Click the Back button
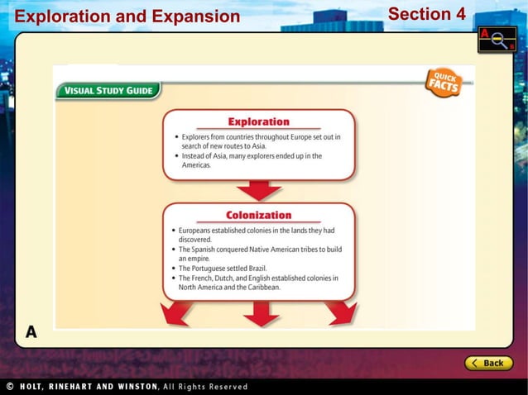click(488, 363)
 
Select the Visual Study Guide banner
click(108, 91)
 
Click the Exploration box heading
click(258, 121)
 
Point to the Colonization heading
click(258, 215)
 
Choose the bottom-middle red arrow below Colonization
click(260, 313)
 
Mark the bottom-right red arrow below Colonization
click(340, 312)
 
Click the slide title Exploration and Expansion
click(127, 17)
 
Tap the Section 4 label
click(426, 14)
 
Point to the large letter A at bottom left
click(31, 332)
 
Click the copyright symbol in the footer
click(9, 387)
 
